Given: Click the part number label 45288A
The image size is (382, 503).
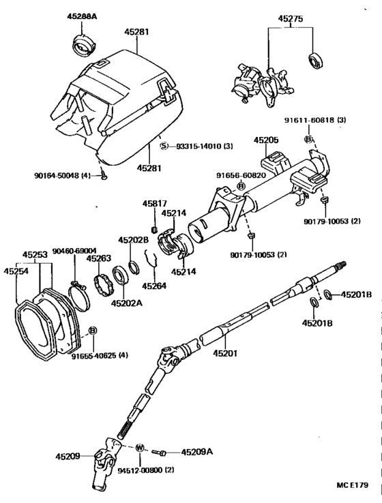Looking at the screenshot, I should (x=82, y=14).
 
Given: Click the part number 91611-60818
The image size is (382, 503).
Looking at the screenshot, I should (x=316, y=121).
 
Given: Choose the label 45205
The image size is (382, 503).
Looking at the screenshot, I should (x=267, y=140).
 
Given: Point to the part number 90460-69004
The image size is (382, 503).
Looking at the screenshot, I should (x=74, y=250).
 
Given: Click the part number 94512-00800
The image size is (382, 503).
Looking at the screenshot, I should (x=145, y=470).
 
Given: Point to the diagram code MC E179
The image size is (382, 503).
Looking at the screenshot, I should (x=351, y=485).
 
